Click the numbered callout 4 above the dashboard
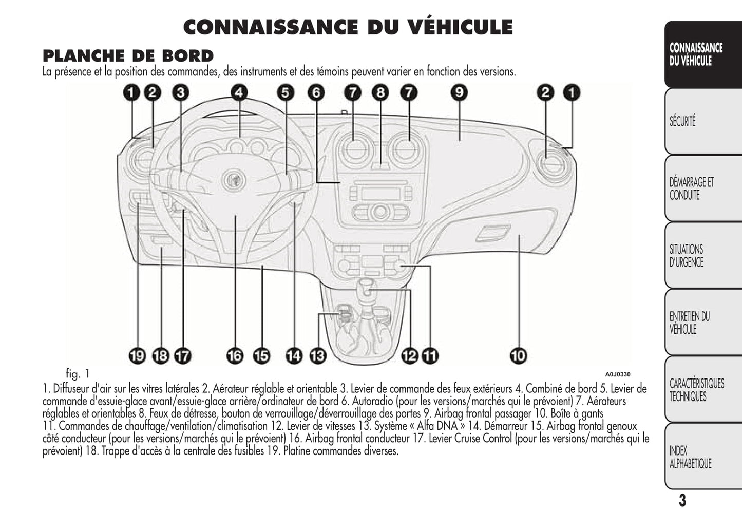239,92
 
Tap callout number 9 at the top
459,92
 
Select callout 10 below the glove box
519,355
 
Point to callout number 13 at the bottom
318,355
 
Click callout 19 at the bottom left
137,355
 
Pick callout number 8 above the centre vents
380,92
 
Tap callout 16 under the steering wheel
235,355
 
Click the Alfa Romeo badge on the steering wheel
235,181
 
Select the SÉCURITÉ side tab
682,122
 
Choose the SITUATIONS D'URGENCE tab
687,256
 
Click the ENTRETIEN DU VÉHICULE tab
689,323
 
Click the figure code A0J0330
617,374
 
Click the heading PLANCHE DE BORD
128,55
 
